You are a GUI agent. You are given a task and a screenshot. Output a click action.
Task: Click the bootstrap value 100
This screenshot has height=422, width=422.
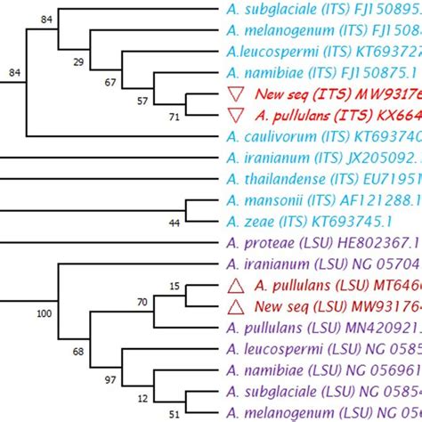42,312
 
